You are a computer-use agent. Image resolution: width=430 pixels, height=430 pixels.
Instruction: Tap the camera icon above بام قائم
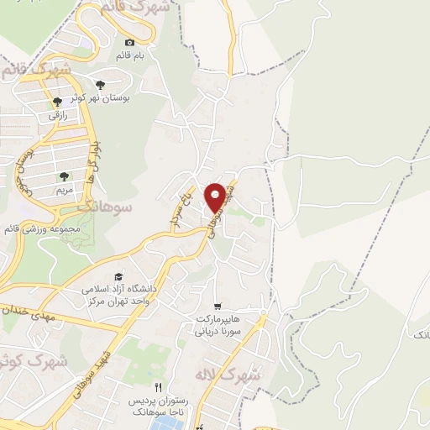[129, 43]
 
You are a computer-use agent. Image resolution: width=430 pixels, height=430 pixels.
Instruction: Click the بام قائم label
[130, 55]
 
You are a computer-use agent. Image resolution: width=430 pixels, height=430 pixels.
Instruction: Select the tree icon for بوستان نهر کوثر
[101, 85]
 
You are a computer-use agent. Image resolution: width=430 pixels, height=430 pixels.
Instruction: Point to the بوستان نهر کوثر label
[102, 98]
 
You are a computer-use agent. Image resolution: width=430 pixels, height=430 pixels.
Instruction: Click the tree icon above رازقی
[56, 102]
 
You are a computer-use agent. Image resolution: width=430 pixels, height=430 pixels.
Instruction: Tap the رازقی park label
[57, 115]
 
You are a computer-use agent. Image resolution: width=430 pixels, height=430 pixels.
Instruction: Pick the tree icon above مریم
[64, 176]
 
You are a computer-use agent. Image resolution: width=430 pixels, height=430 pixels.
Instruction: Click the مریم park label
[64, 190]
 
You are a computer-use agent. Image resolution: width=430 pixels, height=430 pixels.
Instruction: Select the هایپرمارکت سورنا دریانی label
[219, 325]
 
